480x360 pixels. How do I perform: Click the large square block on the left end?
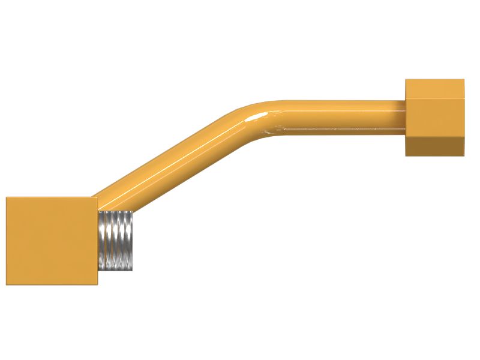pyautogui.click(x=52, y=241)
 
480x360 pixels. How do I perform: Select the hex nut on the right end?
pyautogui.click(x=434, y=118)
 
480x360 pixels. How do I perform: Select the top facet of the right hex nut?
pyautogui.click(x=434, y=87)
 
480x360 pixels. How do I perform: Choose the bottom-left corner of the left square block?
pyautogui.click(x=7, y=284)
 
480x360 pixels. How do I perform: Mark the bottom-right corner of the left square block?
pyautogui.click(x=97, y=284)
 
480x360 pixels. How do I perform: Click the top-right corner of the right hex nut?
pyautogui.click(x=463, y=80)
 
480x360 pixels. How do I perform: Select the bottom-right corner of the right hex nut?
pyautogui.click(x=463, y=155)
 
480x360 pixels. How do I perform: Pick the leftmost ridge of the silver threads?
pyautogui.click(x=102, y=241)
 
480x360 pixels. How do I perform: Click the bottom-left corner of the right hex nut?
pyautogui.click(x=406, y=155)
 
